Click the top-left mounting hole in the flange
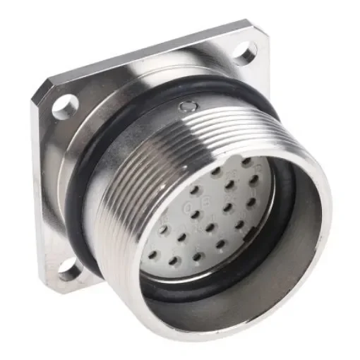[64, 106]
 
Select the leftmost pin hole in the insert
[162, 229]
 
